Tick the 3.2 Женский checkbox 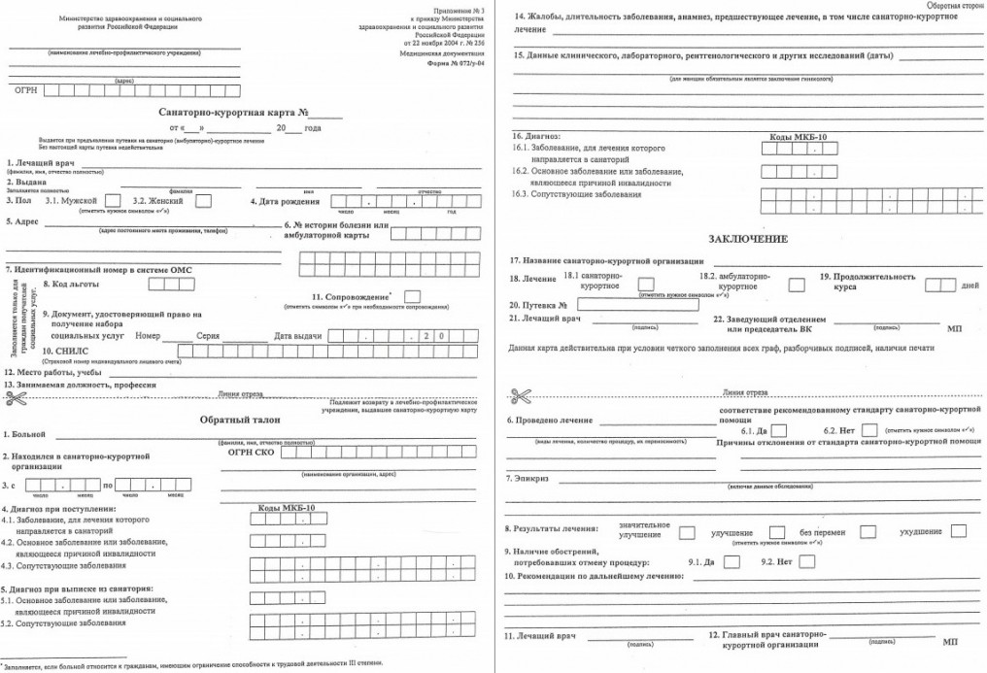click(204, 201)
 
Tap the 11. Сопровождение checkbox click(412, 296)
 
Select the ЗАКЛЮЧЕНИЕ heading click(748, 238)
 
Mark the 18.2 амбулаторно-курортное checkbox click(797, 285)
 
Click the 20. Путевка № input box click(625, 304)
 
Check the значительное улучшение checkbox click(687, 532)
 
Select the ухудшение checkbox click(959, 531)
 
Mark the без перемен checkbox click(868, 531)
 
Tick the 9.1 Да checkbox click(731, 560)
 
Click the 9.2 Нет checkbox click(806, 560)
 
